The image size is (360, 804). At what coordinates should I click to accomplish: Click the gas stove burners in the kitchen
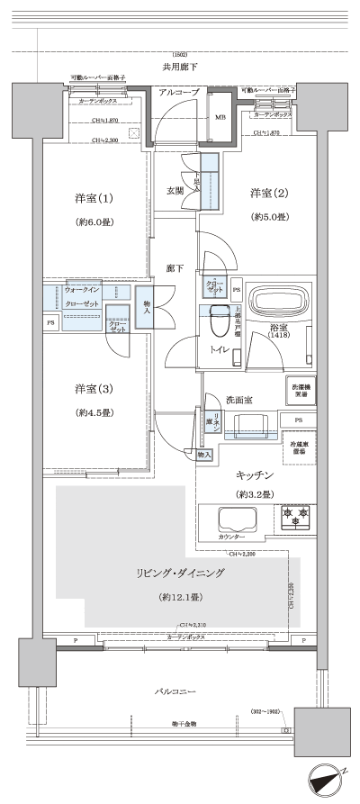(295, 515)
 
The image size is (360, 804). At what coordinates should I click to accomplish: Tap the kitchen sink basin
(234, 519)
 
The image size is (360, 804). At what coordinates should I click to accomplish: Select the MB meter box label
(220, 118)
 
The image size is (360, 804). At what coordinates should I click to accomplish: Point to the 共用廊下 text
(180, 68)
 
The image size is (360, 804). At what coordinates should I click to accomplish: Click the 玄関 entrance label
(175, 190)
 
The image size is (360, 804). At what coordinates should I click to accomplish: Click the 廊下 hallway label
(175, 267)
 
